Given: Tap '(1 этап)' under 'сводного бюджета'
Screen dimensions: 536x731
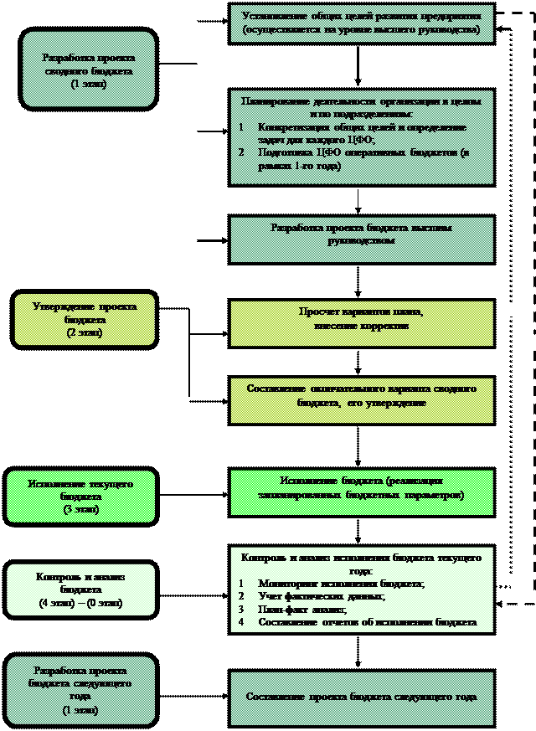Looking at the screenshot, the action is [88, 85].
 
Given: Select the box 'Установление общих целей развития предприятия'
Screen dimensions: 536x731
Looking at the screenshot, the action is [361, 23].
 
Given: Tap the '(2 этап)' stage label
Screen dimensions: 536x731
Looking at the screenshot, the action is [84, 333].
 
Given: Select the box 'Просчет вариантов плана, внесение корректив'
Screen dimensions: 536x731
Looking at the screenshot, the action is [361, 318].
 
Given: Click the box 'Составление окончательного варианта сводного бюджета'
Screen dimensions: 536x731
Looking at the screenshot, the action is [361, 396].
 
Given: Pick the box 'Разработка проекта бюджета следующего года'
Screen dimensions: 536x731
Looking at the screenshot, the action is [80, 690].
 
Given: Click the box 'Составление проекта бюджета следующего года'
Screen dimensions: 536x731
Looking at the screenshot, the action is [361, 697].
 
